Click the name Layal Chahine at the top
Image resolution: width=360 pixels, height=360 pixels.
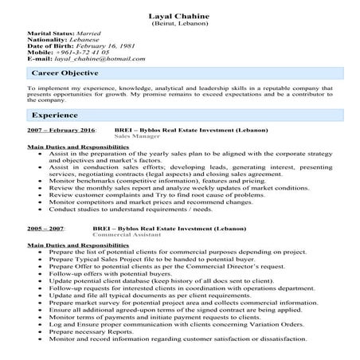[x=179, y=16]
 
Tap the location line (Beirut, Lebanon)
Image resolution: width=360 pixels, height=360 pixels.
[x=179, y=25]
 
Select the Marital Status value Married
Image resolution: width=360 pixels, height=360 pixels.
[x=85, y=37]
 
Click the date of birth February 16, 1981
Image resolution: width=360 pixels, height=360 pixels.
[x=106, y=51]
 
